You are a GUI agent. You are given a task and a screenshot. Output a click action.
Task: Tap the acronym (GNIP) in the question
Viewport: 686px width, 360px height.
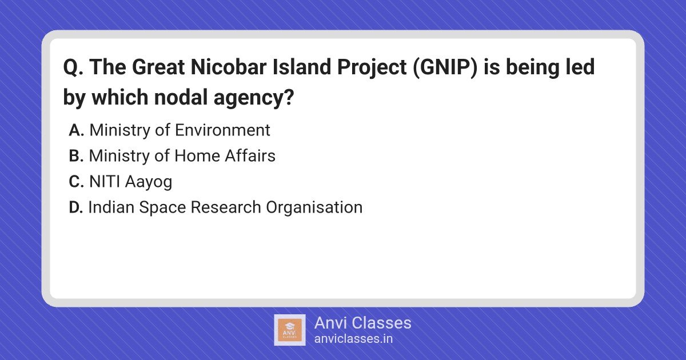click(445, 67)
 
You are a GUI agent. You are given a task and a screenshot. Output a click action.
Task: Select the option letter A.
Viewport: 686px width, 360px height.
click(76, 130)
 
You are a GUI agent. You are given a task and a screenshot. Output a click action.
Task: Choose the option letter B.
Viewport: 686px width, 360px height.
click(76, 156)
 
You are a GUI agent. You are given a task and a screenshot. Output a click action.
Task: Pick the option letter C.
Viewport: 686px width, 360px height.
click(76, 182)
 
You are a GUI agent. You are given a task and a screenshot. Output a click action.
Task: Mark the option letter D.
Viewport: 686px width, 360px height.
click(76, 207)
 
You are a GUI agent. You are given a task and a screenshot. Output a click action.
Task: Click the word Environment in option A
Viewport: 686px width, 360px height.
click(222, 130)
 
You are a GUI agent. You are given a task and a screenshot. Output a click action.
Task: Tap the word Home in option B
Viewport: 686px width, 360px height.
click(197, 156)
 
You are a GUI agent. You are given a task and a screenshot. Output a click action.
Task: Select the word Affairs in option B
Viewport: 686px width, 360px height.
click(250, 156)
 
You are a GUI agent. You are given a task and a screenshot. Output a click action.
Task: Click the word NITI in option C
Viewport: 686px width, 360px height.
click(105, 182)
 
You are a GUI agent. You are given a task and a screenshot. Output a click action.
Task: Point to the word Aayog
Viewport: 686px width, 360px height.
click(149, 182)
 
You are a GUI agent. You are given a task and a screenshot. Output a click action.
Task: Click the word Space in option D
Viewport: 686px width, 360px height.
click(162, 208)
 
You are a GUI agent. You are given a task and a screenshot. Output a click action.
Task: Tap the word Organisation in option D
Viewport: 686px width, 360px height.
click(314, 207)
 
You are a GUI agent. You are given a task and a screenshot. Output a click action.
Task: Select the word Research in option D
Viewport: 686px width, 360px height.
click(226, 207)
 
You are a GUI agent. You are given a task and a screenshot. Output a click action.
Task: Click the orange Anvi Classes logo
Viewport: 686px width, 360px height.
click(290, 330)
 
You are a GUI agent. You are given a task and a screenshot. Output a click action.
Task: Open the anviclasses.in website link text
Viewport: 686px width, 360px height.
click(353, 339)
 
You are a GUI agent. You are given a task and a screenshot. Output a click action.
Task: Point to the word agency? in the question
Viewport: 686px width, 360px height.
click(254, 98)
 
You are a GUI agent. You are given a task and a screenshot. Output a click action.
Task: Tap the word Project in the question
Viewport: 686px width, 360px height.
click(372, 67)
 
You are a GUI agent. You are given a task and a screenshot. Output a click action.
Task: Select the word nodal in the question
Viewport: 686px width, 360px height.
click(181, 97)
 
